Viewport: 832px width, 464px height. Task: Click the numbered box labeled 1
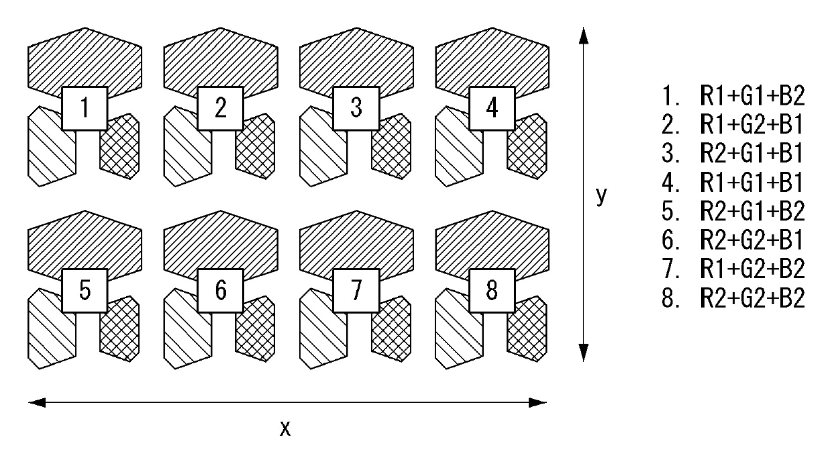tap(85, 108)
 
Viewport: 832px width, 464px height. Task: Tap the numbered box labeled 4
tap(492, 108)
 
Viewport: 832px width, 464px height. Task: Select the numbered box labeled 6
tap(221, 291)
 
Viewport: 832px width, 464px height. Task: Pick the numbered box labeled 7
tap(356, 291)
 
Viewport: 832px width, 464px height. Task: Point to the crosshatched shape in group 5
tap(121, 330)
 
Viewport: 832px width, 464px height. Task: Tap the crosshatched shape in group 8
tap(527, 330)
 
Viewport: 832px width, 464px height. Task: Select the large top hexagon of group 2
tap(221, 60)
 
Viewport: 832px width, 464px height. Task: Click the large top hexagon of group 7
tap(356, 243)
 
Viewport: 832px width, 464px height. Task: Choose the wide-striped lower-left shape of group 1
tap(50, 149)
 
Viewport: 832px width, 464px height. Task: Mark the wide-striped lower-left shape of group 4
tap(458, 149)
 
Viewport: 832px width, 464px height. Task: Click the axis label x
tap(285, 428)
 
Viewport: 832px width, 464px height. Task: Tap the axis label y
tap(602, 195)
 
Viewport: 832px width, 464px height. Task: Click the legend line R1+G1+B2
tap(733, 96)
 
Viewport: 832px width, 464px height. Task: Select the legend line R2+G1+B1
tap(733, 154)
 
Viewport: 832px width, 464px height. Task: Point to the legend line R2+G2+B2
tap(733, 298)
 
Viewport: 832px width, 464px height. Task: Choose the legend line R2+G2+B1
tap(733, 240)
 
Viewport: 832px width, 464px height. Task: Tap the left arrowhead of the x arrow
tap(36, 403)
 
